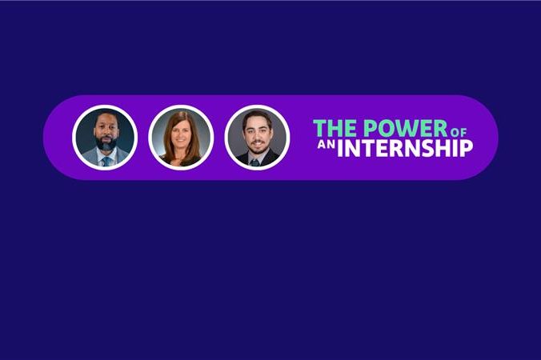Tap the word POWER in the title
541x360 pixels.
[406, 128]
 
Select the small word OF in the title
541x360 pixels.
[459, 133]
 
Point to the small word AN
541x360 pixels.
[326, 145]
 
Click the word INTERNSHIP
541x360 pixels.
[405, 148]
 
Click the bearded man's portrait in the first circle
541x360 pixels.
[105, 138]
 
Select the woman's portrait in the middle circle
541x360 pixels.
[181, 138]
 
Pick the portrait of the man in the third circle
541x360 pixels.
[257, 138]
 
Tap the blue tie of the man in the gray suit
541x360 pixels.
[106, 162]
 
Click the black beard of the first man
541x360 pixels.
[106, 143]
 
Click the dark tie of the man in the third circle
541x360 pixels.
[255, 162]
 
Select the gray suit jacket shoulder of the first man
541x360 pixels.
[88, 157]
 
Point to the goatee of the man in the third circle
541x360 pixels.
[257, 146]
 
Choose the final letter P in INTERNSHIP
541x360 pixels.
[467, 148]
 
